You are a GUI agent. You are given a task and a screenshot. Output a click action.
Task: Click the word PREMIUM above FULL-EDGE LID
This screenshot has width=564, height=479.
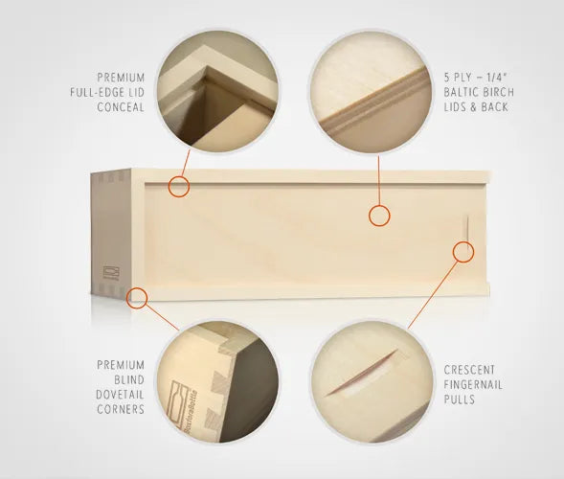click(x=121, y=78)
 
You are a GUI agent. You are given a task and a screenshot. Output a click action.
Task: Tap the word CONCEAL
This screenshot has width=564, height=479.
click(x=121, y=107)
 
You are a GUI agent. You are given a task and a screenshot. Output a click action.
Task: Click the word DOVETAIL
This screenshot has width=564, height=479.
click(x=120, y=395)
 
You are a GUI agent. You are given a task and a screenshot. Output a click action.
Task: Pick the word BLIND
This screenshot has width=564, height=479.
click(x=129, y=379)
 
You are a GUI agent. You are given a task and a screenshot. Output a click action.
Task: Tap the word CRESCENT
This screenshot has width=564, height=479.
click(x=469, y=370)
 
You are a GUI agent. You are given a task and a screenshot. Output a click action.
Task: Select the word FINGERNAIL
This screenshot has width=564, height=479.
click(x=473, y=385)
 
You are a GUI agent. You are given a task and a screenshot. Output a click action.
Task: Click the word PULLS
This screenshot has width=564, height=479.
click(x=460, y=399)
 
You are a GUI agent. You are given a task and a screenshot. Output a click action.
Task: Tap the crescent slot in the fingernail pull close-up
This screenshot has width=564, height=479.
click(x=361, y=374)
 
